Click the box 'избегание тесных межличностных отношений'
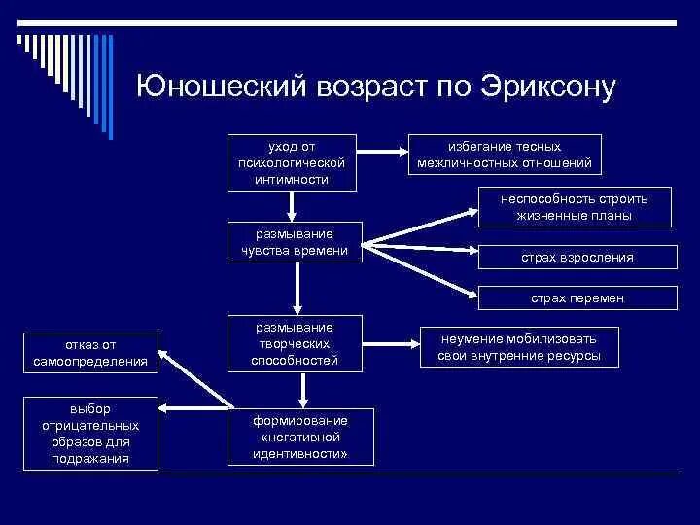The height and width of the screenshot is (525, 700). click(504, 154)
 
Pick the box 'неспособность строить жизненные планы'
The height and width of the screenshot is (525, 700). click(574, 206)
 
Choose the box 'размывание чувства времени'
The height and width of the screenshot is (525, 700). click(294, 242)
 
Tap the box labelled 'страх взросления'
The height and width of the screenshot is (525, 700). click(577, 257)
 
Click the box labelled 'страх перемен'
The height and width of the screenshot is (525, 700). click(577, 298)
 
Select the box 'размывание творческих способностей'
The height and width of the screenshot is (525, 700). click(294, 343)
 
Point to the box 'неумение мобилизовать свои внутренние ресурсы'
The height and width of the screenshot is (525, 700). click(518, 347)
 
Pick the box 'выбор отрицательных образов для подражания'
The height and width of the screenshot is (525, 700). click(90, 434)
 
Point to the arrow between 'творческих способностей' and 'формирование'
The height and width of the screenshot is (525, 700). click(303, 388)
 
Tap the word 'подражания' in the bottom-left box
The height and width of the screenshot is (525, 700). click(90, 458)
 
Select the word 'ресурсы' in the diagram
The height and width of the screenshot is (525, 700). click(569, 357)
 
